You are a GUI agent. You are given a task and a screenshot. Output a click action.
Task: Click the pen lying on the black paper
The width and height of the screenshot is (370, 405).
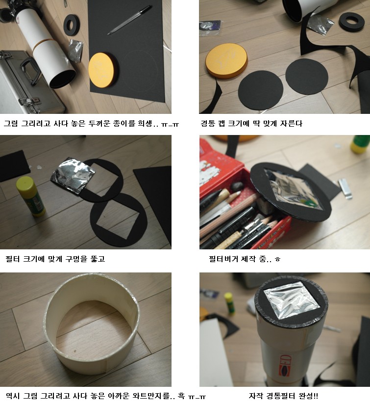point(129,20)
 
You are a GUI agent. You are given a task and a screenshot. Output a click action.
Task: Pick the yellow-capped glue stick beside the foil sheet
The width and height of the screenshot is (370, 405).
point(30,196)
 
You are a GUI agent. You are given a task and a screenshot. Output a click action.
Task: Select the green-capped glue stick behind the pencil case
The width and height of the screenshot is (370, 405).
point(360,144)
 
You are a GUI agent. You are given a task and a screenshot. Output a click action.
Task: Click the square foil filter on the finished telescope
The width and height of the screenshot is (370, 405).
point(292,300)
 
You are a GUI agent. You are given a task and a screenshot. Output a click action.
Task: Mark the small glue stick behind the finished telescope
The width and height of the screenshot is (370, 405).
point(229,303)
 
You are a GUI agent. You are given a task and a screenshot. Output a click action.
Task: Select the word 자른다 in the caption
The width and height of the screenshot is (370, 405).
point(291,123)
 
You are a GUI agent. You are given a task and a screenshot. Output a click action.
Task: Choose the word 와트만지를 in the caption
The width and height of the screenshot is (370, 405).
point(151,396)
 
